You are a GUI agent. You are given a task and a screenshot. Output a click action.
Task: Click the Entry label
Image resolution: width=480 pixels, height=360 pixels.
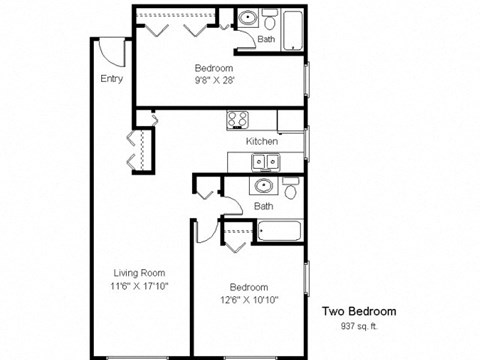tap(111, 78)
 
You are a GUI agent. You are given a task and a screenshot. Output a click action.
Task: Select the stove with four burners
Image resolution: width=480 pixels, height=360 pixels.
tap(238, 120)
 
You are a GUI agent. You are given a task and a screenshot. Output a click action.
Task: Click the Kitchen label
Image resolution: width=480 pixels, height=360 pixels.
tap(261, 141)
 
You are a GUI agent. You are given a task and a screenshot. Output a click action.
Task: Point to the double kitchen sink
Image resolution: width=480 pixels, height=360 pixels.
tap(265, 161)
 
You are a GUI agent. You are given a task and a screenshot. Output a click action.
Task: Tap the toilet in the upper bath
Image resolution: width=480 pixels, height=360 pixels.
tap(268, 19)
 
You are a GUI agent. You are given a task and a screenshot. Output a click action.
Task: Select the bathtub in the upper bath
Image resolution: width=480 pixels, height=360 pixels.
tap(293, 28)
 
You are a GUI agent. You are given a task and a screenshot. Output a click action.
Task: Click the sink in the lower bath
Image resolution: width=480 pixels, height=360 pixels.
tap(264, 185)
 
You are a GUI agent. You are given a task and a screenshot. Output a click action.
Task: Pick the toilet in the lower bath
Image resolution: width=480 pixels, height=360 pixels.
tap(290, 187)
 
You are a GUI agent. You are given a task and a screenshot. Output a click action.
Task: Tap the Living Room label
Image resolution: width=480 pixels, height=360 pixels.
tap(139, 272)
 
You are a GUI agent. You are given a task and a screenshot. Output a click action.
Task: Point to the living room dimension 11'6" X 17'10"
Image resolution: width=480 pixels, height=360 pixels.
tap(139, 285)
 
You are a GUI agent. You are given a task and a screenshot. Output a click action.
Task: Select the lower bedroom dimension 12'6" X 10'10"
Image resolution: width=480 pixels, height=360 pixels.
tap(247, 297)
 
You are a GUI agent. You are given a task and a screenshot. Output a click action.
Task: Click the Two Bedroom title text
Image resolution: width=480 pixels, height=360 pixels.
tap(358, 311)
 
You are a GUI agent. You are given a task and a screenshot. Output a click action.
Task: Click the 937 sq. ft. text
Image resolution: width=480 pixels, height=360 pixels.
tap(358, 326)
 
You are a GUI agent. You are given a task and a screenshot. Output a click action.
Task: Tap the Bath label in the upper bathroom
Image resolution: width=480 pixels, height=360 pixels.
tap(265, 40)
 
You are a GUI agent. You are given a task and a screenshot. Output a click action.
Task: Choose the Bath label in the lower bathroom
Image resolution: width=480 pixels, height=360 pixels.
tap(263, 206)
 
